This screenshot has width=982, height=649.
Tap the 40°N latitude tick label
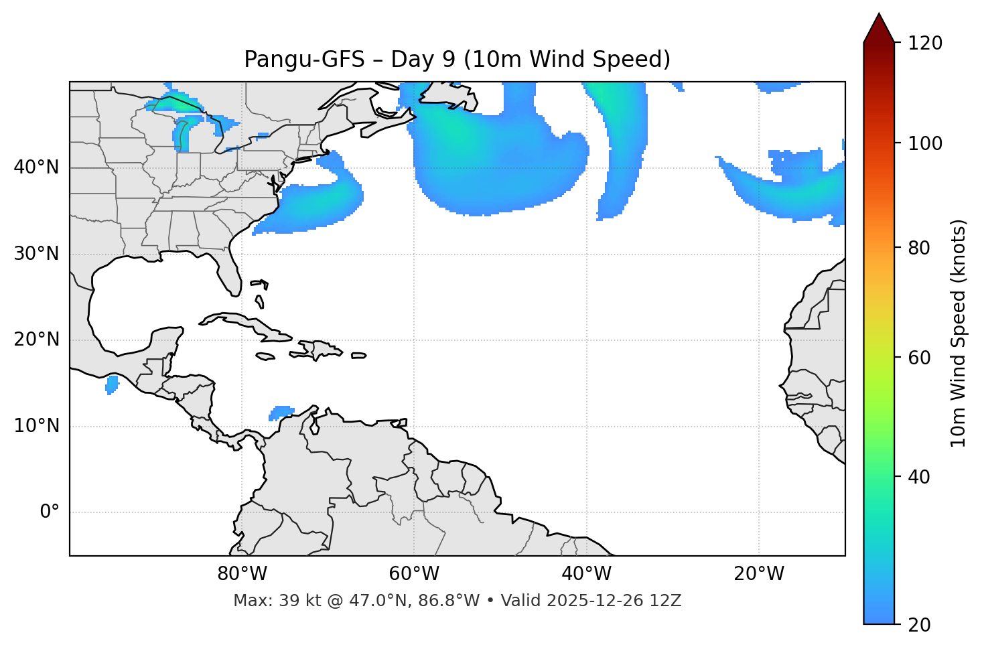[x=36, y=167]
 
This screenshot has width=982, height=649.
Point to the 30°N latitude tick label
[x=36, y=254]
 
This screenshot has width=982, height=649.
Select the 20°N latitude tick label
[x=36, y=340]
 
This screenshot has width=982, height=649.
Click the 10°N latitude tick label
[x=36, y=426]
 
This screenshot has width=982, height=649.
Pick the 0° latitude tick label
[x=50, y=512]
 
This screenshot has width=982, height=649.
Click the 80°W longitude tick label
[x=242, y=574]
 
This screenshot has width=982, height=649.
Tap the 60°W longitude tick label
[x=414, y=574]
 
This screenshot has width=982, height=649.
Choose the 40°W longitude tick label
[x=586, y=574]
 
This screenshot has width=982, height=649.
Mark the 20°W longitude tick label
[x=758, y=574]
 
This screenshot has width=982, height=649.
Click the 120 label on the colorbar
[x=925, y=44]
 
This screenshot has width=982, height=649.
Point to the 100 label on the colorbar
[x=925, y=143]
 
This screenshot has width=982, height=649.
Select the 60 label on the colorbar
[x=919, y=358]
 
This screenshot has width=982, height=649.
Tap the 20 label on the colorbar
[x=919, y=625]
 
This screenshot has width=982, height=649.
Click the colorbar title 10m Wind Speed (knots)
[x=959, y=333]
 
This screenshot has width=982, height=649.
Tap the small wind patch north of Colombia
[x=281, y=413]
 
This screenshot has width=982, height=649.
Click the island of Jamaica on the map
[x=265, y=357]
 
